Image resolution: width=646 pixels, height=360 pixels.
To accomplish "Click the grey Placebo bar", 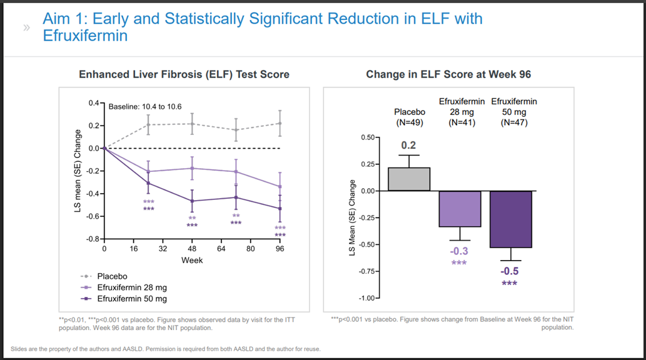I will point(409,179).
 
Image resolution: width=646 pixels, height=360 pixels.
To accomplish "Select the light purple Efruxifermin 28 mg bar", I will point(460,209).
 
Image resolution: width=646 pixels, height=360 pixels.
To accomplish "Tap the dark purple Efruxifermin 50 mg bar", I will point(510,219).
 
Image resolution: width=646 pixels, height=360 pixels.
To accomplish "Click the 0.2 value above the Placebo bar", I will point(409,146).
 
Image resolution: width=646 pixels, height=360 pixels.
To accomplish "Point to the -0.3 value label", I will point(460,251).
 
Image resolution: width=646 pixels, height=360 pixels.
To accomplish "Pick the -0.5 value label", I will point(510,271).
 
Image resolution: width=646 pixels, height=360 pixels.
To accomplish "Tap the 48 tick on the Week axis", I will point(192,248).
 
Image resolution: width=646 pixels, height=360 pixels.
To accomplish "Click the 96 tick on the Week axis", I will point(280,248).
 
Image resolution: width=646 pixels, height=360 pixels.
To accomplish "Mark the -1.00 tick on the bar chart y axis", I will point(366,298).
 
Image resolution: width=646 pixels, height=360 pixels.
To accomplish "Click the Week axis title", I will point(192,259).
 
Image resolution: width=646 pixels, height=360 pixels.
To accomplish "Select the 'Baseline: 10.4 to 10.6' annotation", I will point(145,106).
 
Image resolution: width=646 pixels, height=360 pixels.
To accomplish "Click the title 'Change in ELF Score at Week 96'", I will point(448,74).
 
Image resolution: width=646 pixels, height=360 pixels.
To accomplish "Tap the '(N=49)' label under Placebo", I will point(410,122).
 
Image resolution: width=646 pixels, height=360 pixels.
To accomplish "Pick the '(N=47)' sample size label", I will point(514,122).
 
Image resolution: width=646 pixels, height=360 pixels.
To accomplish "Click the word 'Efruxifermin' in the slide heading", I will point(85,36).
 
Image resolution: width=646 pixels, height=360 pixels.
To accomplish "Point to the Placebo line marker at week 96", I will point(280,123).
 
